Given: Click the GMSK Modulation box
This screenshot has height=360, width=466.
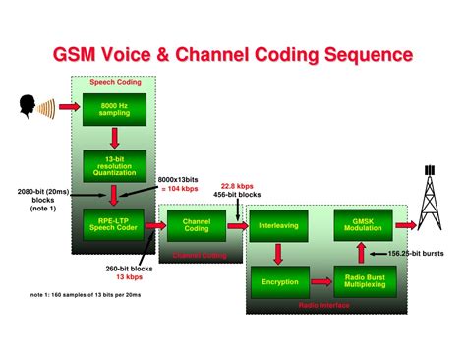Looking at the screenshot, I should tap(365, 225).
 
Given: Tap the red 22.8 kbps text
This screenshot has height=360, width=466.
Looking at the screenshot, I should tap(240, 184).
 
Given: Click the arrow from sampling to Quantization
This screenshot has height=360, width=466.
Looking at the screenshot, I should tap(115, 137).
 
